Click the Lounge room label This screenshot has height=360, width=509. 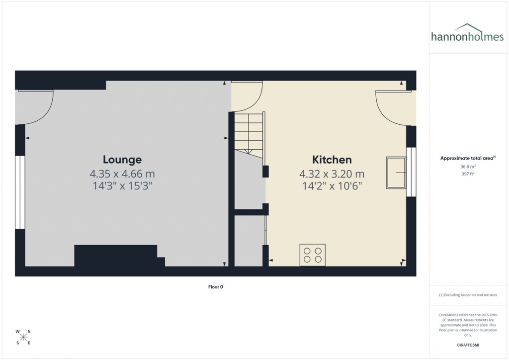[122, 160]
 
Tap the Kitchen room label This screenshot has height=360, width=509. [332, 160]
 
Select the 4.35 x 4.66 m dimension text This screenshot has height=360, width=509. [122, 174]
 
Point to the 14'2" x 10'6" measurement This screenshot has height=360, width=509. [332, 186]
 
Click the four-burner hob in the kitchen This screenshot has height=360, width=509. [313, 255]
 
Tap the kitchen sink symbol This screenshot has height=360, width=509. [396, 173]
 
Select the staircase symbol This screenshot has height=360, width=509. [249, 134]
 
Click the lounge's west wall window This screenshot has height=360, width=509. [20, 192]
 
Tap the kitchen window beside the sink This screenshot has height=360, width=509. [411, 172]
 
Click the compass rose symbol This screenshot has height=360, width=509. [23, 337]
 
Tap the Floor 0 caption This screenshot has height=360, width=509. [215, 287]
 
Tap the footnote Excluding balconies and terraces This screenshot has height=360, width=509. [468, 295]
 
